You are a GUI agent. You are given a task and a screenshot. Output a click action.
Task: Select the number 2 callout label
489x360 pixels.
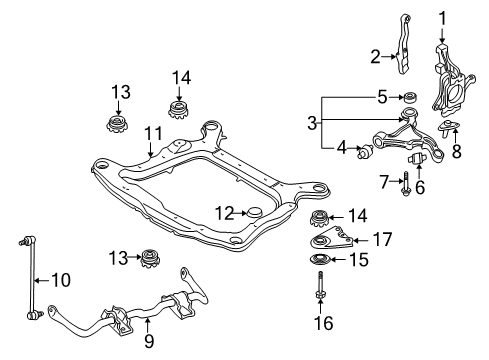pyautogui.click(x=375, y=56)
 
